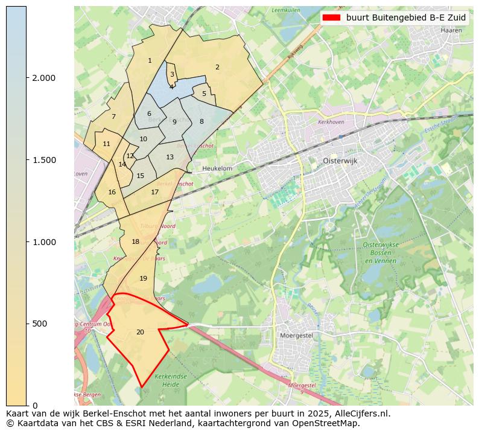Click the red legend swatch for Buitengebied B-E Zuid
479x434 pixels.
pos(331,18)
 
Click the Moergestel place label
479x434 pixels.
pos(296,335)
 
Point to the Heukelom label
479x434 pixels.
pos(217,169)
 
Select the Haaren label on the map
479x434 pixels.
pos(451,30)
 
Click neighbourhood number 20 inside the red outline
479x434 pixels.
pos(140,332)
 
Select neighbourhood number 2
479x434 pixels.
pos(217,67)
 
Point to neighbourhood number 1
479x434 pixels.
pos(150,60)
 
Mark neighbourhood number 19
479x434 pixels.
pos(143,278)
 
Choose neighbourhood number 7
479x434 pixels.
pos(113,116)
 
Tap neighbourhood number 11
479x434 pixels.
pos(106,144)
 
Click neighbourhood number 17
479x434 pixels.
pos(155,192)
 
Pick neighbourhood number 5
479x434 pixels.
pos(204,94)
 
